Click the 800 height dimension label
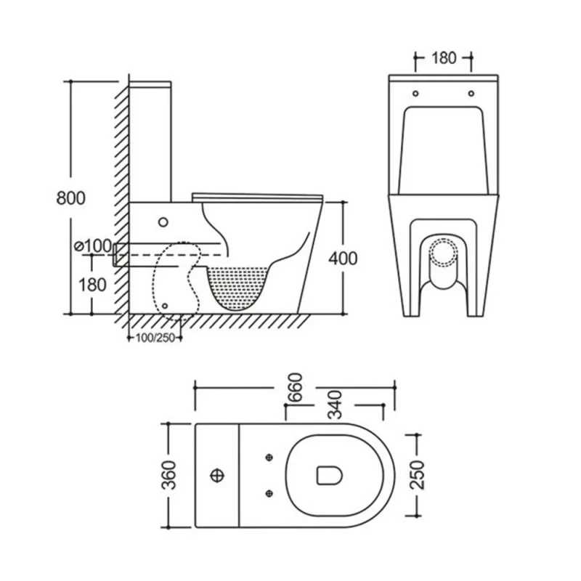(x=72, y=198)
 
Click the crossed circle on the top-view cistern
(x=216, y=476)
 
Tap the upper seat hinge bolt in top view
(x=269, y=457)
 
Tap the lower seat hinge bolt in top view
(x=269, y=493)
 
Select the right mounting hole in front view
(x=471, y=94)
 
